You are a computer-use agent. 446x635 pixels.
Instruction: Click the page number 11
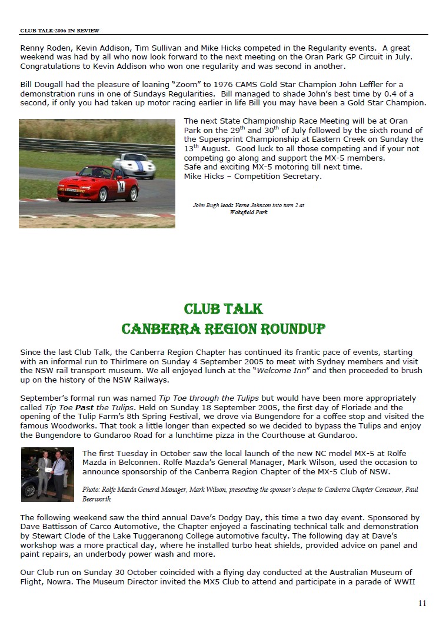(x=422, y=603)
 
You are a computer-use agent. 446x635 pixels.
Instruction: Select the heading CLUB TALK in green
(x=223, y=309)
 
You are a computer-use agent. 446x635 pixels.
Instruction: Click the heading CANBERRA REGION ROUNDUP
(x=223, y=328)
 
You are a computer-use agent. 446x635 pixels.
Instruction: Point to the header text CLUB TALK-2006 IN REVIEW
(x=59, y=31)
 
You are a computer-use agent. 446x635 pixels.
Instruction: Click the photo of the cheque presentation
(x=47, y=474)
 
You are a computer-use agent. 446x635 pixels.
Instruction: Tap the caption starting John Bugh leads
(x=248, y=205)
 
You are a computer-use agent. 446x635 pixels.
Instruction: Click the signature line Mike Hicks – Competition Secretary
(x=253, y=176)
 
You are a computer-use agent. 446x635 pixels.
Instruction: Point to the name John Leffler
(x=335, y=85)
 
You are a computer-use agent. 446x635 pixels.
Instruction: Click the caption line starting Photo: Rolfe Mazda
(x=250, y=490)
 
